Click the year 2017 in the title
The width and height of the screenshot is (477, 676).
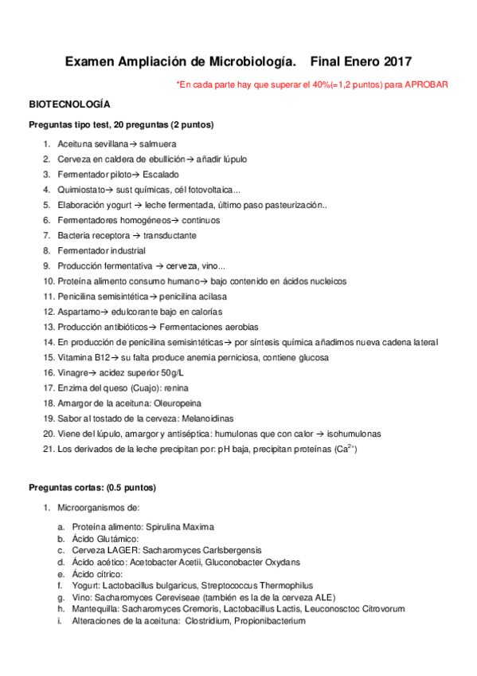pyautogui.click(x=397, y=61)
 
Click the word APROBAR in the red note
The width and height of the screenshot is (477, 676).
pyautogui.click(x=427, y=84)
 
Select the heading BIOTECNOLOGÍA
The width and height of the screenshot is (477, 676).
pyautogui.click(x=69, y=104)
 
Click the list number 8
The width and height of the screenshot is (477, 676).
pyautogui.click(x=47, y=250)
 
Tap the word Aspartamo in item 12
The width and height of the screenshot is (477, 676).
pyautogui.click(x=78, y=311)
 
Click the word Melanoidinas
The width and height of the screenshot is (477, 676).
pyautogui.click(x=215, y=419)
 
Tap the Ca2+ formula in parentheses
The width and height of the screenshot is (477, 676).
pyautogui.click(x=345, y=449)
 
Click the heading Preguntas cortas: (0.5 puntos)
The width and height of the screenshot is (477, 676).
pyautogui.click(x=92, y=487)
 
